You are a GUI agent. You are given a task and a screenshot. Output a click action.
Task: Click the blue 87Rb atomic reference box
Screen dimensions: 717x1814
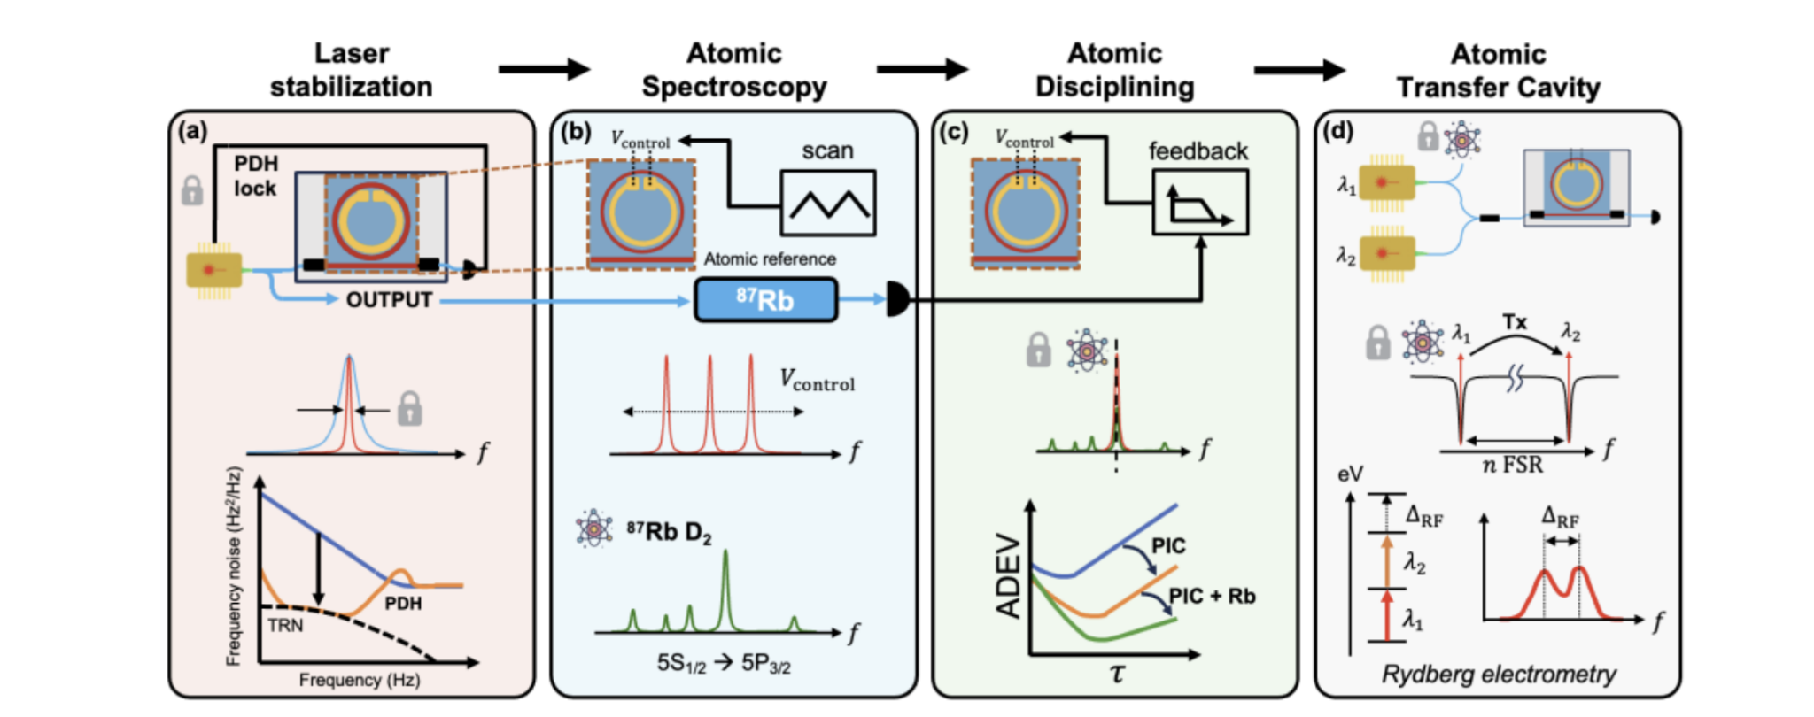765,300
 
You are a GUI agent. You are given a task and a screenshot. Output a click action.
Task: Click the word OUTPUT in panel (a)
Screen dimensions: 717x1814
389,301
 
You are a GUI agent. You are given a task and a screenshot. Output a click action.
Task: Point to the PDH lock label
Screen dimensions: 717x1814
255,176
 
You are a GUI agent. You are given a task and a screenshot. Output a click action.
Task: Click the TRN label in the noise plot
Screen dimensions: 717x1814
285,626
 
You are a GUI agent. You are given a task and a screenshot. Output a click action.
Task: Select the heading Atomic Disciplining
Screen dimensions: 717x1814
1114,70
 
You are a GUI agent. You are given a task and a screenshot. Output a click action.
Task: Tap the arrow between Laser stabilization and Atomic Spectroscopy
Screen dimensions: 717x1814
544,69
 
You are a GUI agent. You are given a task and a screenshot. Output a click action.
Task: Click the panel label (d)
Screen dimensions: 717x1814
1337,132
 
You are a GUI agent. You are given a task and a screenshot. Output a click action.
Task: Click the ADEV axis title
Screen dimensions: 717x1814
1009,575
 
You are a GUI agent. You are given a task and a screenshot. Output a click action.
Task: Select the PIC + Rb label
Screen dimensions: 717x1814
1212,597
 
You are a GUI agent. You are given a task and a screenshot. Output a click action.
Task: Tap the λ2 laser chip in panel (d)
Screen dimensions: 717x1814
1387,255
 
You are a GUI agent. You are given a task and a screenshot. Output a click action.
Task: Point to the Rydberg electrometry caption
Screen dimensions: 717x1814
1499,675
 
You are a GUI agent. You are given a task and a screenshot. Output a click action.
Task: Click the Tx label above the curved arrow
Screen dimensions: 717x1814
1515,323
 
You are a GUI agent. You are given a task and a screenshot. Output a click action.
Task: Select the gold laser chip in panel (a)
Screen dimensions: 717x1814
213,270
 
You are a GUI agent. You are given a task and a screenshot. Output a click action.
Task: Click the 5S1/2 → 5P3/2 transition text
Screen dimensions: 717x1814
724,664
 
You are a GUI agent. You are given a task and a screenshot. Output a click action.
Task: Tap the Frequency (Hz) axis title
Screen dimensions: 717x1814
359,680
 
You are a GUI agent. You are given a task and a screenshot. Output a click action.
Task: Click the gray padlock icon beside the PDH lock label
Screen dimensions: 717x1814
192,190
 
